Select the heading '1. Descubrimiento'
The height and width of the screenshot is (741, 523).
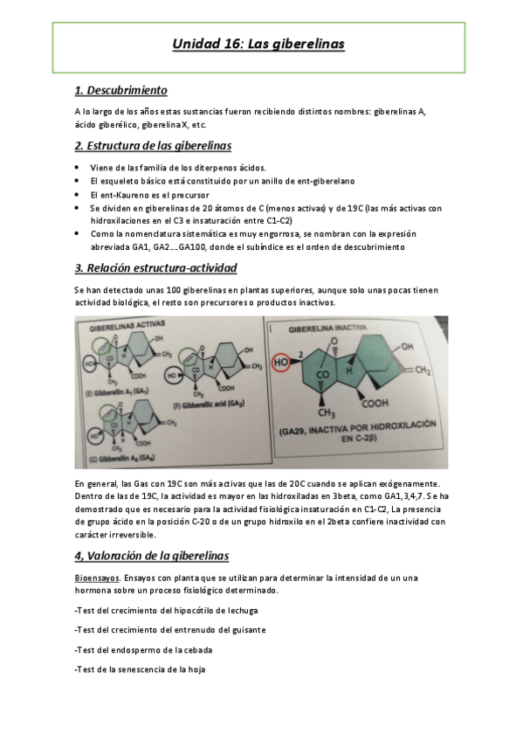coord(121,91)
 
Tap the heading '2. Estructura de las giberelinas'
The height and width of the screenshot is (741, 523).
coord(153,145)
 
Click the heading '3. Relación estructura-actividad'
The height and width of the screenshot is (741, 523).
coord(155,267)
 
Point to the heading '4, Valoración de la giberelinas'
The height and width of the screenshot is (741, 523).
coord(152,554)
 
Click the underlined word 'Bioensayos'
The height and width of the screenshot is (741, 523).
coord(96,578)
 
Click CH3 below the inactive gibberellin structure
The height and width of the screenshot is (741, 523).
coord(327,412)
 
